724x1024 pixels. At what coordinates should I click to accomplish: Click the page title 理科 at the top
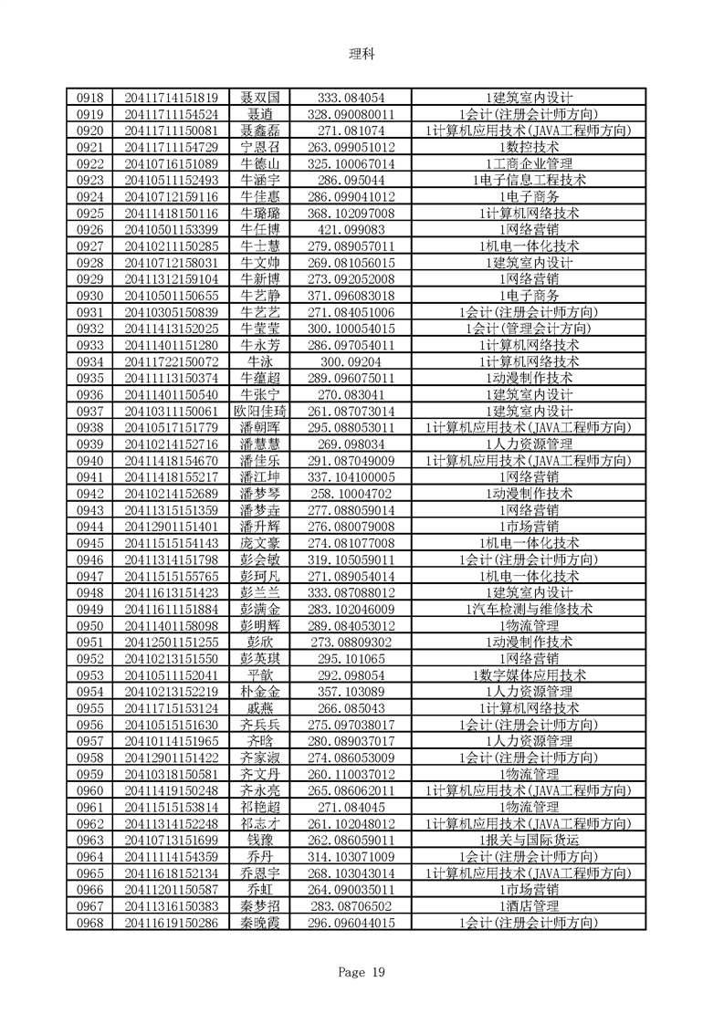[362, 53]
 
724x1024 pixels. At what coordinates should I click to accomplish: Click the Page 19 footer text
[362, 972]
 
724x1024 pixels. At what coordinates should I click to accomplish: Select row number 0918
[89, 96]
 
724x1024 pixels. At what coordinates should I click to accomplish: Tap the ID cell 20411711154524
[171, 114]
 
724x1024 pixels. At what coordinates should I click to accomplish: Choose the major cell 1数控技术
[530, 147]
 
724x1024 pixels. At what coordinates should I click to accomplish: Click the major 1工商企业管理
[530, 163]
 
